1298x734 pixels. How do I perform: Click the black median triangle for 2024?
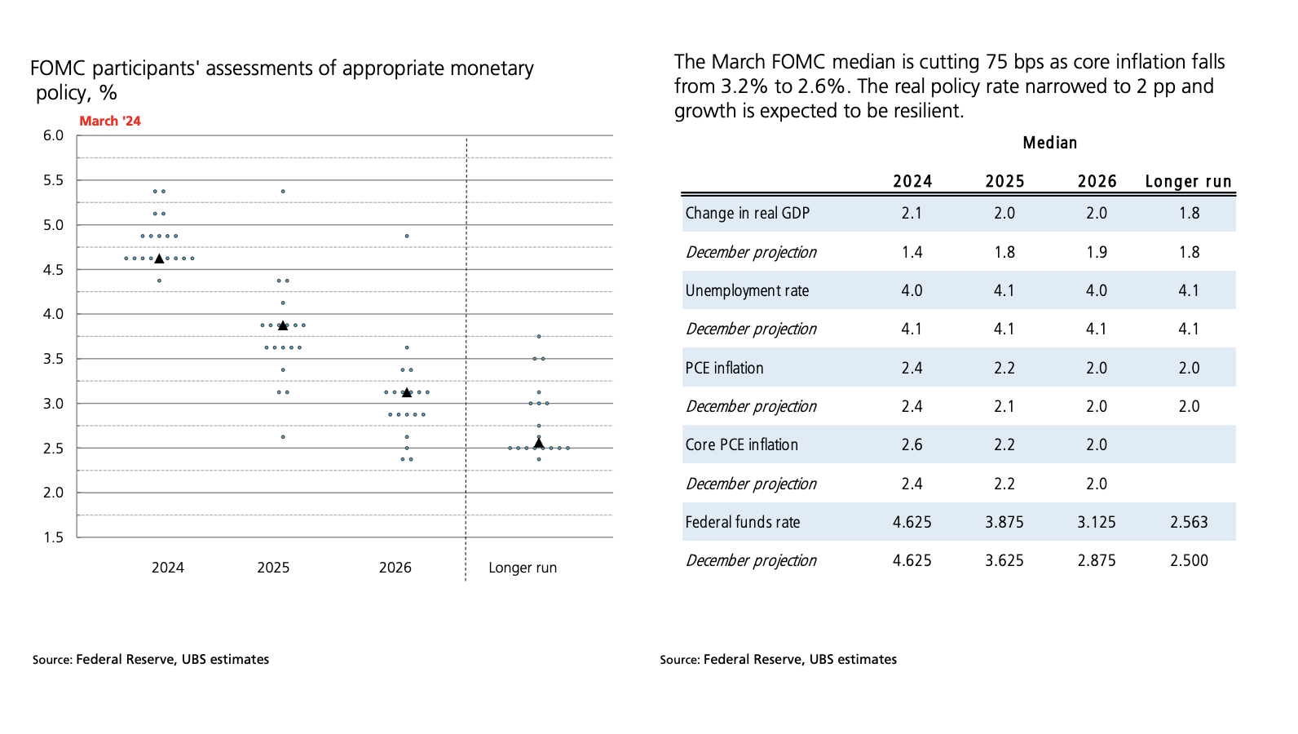coord(159,259)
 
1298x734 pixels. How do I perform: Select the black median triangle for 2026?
coord(407,392)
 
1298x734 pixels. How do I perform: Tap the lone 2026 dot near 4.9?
coord(407,237)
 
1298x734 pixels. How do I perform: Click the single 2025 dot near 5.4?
coord(283,192)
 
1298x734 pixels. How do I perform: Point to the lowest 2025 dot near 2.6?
coord(283,437)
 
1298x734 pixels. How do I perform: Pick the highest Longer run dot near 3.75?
coord(539,336)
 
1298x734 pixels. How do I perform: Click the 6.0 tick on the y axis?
coord(53,135)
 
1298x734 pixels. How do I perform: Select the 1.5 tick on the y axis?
coord(53,537)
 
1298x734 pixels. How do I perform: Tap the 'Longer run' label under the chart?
coord(523,568)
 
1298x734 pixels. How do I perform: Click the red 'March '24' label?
coord(110,121)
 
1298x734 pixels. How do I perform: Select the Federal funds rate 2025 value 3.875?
coord(1004,522)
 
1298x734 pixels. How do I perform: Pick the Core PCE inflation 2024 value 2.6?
coord(912,444)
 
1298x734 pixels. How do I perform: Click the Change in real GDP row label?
coord(747,213)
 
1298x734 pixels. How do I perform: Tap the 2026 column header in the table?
coord(1097,181)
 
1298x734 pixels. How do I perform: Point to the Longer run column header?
coord(1188,181)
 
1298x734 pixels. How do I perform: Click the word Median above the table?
coord(1050,143)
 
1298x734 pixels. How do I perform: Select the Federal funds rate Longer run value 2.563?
coord(1189,522)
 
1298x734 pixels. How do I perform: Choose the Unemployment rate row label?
coord(747,290)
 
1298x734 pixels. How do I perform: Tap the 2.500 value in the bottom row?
coord(1189,560)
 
